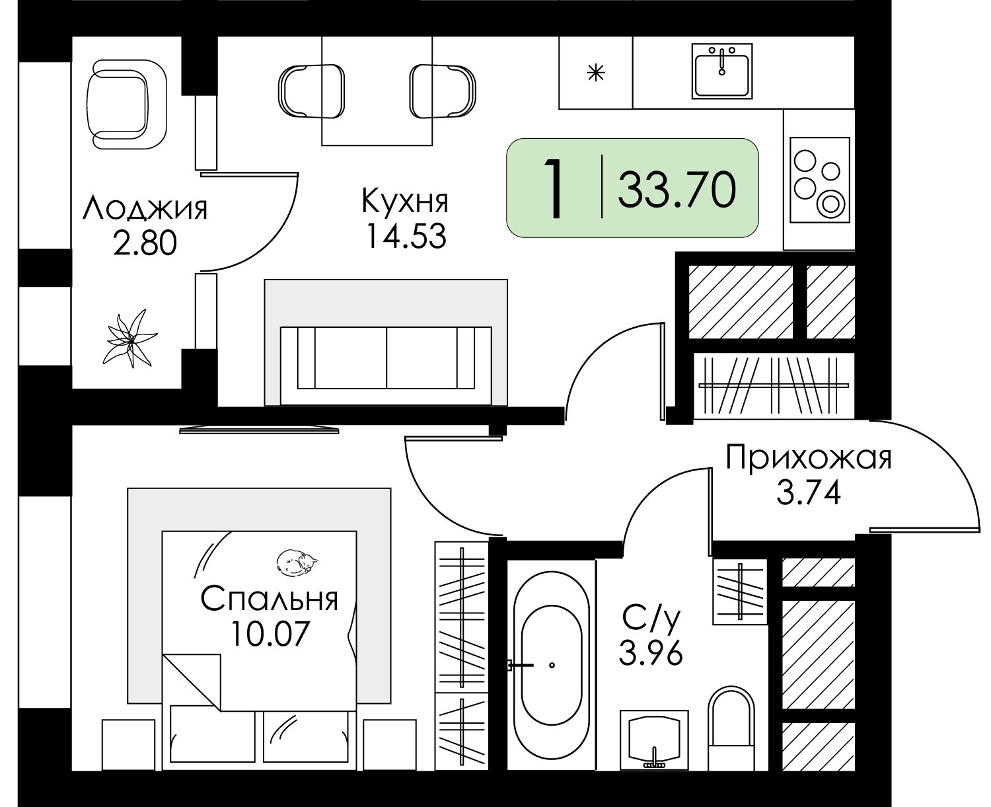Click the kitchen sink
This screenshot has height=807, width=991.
pyautogui.click(x=721, y=71)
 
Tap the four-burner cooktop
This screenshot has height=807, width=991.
pyautogui.click(x=820, y=180)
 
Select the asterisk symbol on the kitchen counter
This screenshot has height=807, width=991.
pyautogui.click(x=595, y=73)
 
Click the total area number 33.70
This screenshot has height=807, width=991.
pyautogui.click(x=677, y=189)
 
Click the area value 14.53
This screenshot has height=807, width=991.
pyautogui.click(x=406, y=236)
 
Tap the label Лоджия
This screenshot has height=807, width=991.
pyautogui.click(x=145, y=208)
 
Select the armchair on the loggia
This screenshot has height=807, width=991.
pyautogui.click(x=127, y=104)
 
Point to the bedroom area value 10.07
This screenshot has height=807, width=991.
pyautogui.click(x=270, y=633)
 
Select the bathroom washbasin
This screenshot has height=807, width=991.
pyautogui.click(x=654, y=740)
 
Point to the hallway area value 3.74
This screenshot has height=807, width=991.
pyautogui.click(x=809, y=493)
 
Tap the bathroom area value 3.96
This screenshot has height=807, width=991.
pyautogui.click(x=651, y=652)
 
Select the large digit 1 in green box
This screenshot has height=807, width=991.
pyautogui.click(x=554, y=188)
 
